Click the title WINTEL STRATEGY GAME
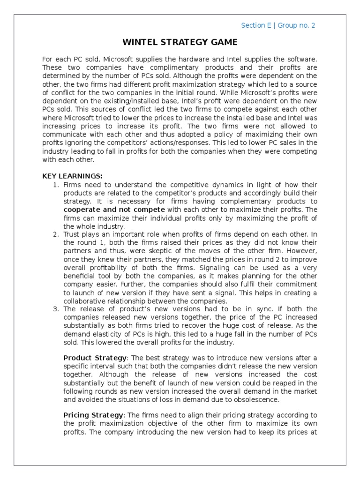click(x=180, y=43)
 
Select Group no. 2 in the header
click(x=296, y=25)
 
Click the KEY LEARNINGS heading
click(x=72, y=176)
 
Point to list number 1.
click(x=56, y=185)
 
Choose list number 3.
click(x=56, y=309)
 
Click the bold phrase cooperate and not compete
click(x=114, y=210)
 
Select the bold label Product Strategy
click(x=95, y=358)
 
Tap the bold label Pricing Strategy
click(x=94, y=415)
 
